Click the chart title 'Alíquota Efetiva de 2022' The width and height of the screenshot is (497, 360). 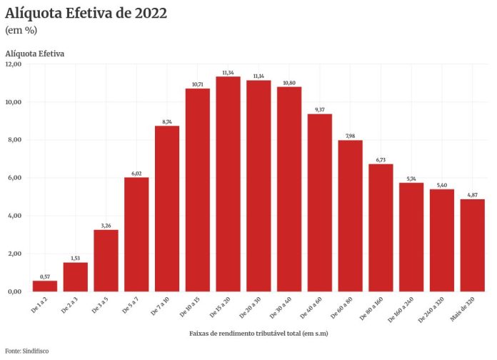[86, 14]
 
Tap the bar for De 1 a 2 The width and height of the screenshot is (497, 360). [45, 286]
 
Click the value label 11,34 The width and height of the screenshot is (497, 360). [229, 72]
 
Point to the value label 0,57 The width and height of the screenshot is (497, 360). [45, 276]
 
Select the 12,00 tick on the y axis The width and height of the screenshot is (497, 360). [14, 64]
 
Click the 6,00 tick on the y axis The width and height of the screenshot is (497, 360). [14, 178]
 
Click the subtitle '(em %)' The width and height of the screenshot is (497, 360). [21, 31]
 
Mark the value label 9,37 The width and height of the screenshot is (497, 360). [320, 109]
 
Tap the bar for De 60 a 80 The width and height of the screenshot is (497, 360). [350, 216]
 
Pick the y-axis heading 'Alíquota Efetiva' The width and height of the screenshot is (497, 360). [35, 54]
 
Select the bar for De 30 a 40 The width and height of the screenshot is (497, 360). [289, 189]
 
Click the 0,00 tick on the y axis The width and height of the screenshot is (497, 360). [14, 291]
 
